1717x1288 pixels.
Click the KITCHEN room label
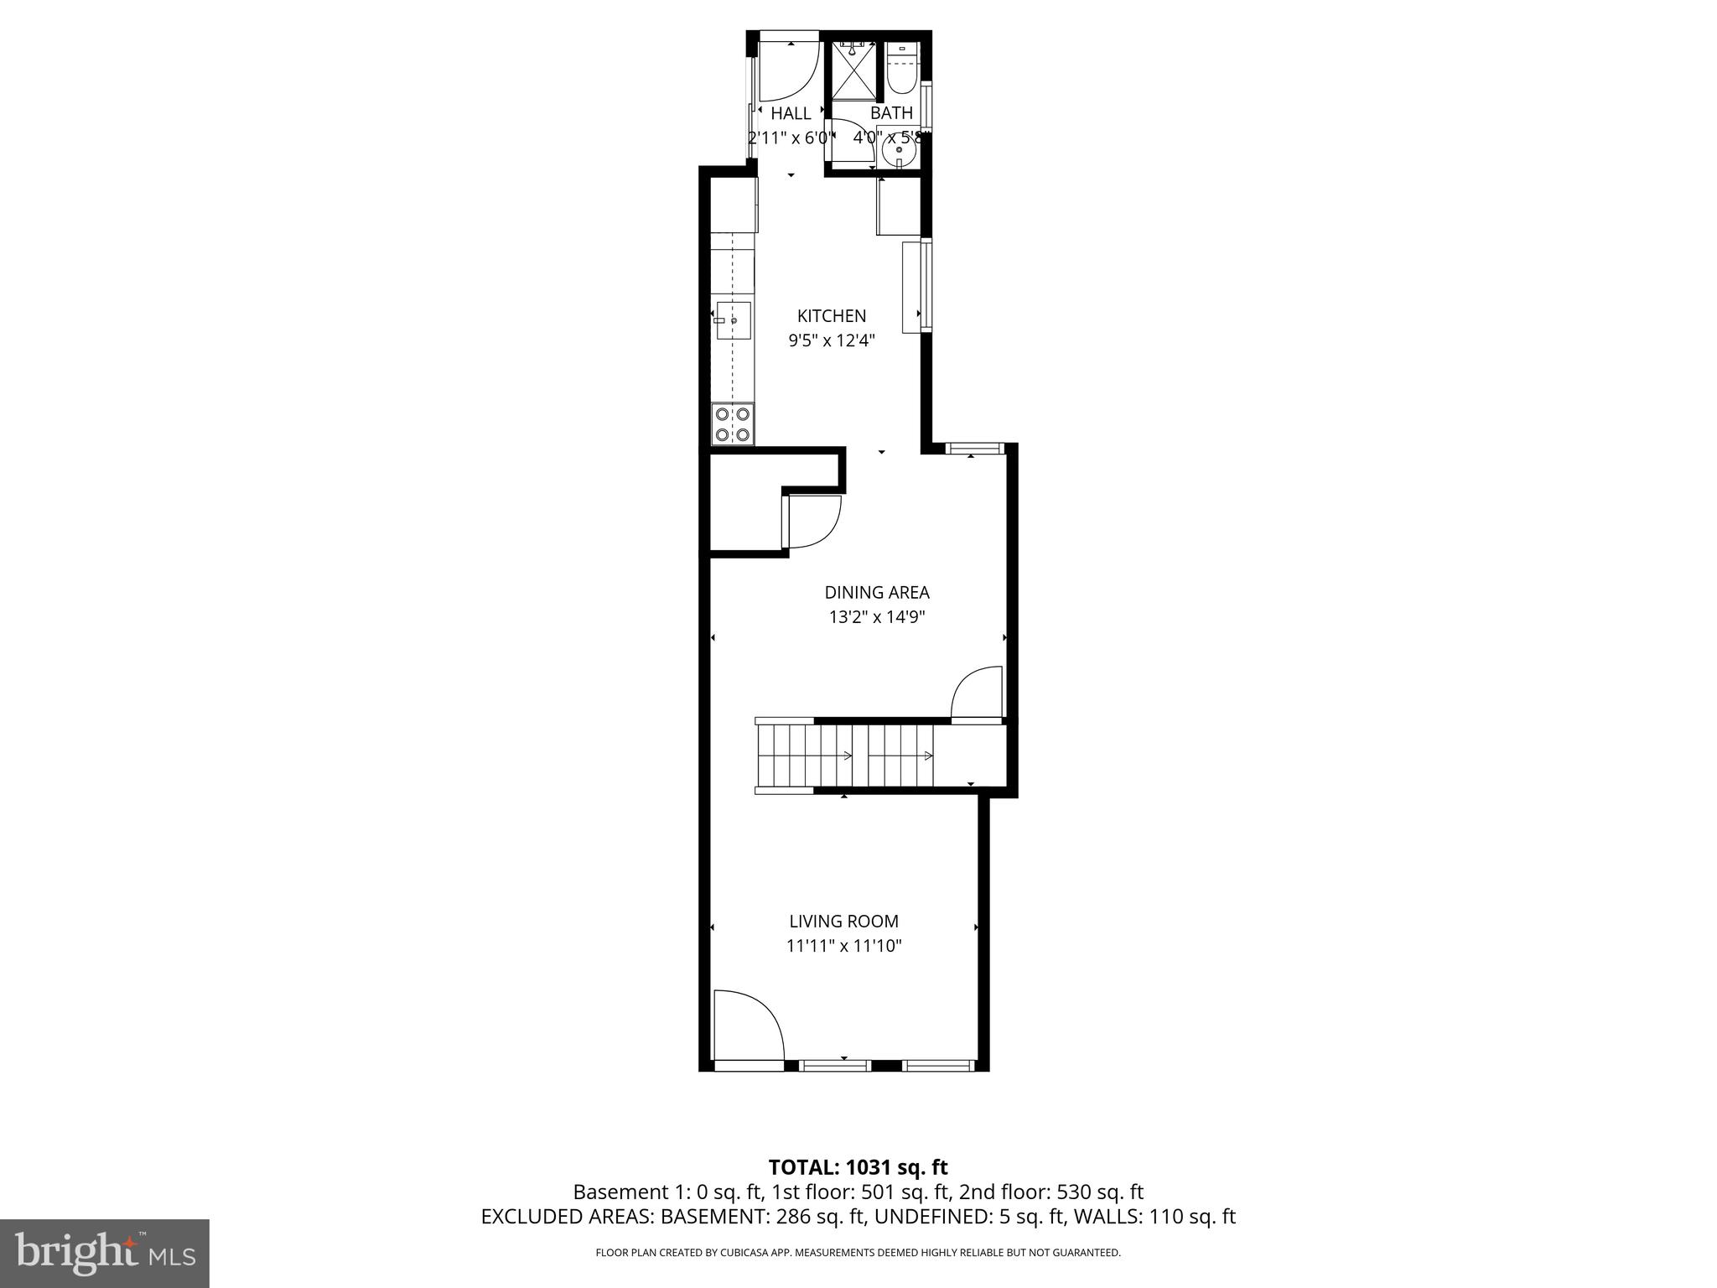point(831,316)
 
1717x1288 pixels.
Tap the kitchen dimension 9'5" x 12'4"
point(831,340)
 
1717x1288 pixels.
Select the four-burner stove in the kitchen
point(733,424)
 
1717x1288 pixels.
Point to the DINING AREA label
point(876,593)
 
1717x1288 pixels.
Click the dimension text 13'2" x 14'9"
point(876,618)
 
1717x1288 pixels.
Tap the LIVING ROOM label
point(843,922)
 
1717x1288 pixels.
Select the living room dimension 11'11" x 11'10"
point(843,947)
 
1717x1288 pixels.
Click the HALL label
point(791,113)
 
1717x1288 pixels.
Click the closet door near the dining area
point(812,522)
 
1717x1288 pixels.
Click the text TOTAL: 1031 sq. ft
point(858,1167)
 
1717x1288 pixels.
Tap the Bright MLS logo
point(105,1253)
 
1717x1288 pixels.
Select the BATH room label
point(891,112)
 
